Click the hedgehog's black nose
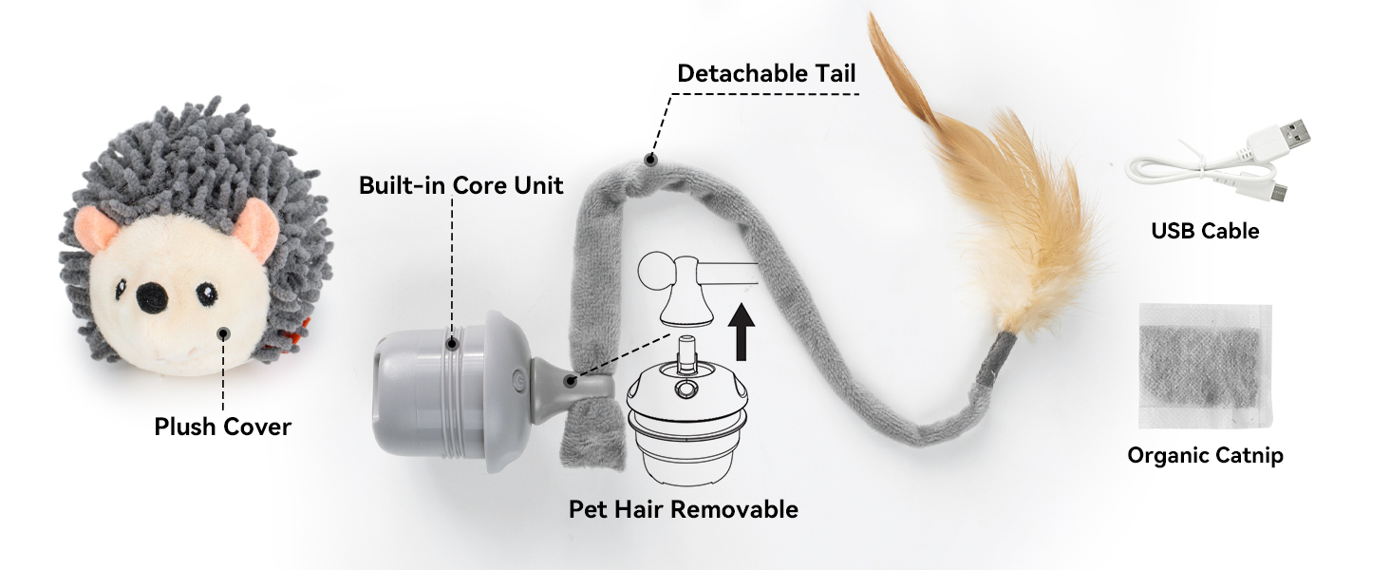pos(152,297)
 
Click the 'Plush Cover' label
pos(222,427)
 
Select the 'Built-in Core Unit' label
pos(461,185)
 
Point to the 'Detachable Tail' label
pos(766,73)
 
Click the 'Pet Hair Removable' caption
pos(684,509)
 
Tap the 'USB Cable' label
pos(1205,231)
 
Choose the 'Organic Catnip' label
pos(1205,456)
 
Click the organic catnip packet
pos(1205,367)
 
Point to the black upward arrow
pos(741,332)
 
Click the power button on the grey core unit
pos(517,379)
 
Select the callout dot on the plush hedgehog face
pos(223,334)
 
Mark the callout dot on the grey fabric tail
pos(650,160)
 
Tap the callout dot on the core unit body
pos(452,343)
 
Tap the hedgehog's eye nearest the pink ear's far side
pos(207,292)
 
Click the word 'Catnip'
pos(1249,456)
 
